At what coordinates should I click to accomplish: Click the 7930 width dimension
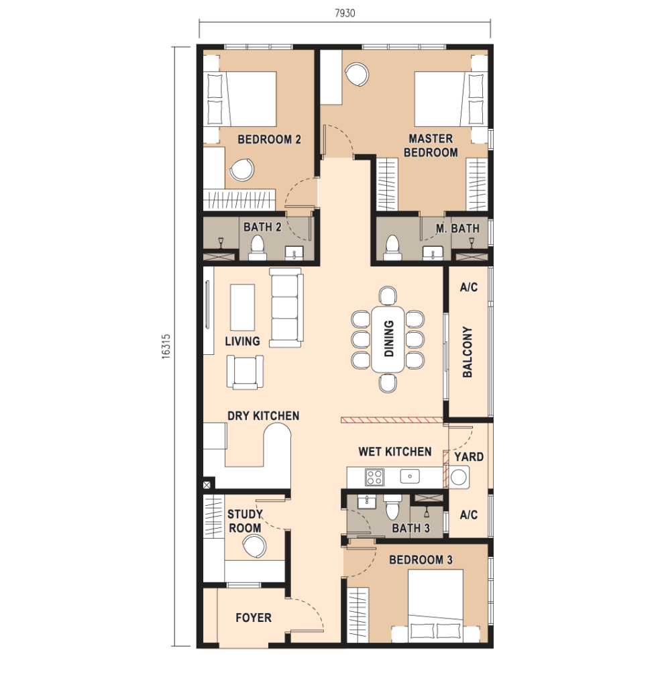345,13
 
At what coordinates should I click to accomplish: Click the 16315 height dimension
166,347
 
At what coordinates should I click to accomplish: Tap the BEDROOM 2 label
270,140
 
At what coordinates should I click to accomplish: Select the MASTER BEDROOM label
431,146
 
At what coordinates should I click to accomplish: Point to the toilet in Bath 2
257,248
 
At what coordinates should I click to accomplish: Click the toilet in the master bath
392,248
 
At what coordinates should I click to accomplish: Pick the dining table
388,339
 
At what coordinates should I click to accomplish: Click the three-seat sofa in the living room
286,308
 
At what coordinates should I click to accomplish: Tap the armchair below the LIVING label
245,372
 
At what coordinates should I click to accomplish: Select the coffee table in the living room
242,307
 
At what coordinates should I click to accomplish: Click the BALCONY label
468,352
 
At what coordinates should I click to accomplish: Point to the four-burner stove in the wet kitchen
374,477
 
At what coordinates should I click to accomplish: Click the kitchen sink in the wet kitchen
410,476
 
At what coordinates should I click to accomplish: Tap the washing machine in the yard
459,477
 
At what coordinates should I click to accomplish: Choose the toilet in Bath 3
391,509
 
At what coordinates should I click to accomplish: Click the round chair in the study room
254,547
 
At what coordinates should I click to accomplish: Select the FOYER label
254,618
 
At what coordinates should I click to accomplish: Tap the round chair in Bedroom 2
241,170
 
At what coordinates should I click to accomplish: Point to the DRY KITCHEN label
263,416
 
